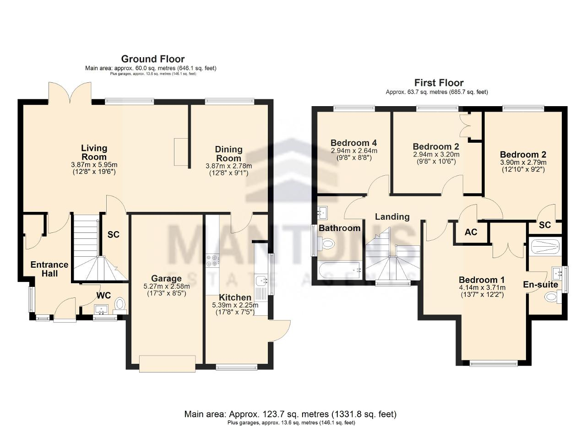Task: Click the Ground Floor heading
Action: pos(153,59)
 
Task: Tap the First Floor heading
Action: pos(439,83)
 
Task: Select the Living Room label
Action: pos(94,152)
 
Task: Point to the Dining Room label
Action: pos(228,154)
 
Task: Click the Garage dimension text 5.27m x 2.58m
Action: pos(167,286)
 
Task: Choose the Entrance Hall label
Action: pos(49,269)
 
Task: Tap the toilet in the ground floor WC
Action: pos(120,306)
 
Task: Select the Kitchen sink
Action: pos(261,281)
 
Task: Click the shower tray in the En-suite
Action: pos(545,246)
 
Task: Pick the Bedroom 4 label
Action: pos(354,143)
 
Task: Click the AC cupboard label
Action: pos(471,232)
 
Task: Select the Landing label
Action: pos(392,217)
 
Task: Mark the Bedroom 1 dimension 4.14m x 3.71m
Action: pos(482,288)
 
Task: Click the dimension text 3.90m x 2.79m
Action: pos(523,162)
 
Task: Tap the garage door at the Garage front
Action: pos(168,363)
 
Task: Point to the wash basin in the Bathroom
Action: pos(322,213)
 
